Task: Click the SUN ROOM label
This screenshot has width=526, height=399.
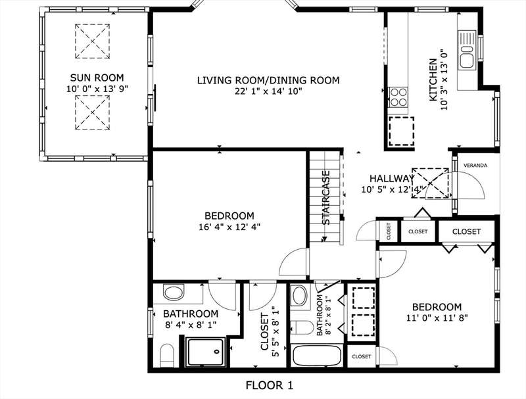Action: tap(97, 78)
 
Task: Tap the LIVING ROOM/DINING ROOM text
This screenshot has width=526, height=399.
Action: tap(268, 80)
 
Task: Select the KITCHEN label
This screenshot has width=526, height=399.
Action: tap(433, 80)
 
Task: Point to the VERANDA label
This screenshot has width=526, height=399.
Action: tap(475, 166)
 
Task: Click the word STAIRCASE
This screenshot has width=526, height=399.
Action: tap(325, 198)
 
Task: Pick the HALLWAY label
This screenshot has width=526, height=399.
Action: tap(391, 178)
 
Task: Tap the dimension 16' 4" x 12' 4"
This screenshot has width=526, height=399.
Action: tap(229, 227)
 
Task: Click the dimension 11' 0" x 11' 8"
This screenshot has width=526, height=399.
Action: tap(437, 317)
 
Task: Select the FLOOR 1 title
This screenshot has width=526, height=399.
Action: tap(270, 385)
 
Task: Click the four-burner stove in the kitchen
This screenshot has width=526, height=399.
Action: tap(398, 97)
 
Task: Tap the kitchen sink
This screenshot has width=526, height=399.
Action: tap(467, 50)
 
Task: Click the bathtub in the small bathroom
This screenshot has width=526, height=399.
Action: tap(317, 356)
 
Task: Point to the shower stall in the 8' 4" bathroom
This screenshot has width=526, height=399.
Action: tap(206, 352)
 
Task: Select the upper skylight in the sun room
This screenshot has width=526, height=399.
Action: tap(92, 41)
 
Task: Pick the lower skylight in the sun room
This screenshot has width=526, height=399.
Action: tap(92, 112)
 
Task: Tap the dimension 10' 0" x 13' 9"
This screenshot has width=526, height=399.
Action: tap(97, 89)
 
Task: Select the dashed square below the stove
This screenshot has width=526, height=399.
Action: tap(402, 131)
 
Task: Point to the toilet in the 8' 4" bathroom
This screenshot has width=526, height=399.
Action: tap(166, 356)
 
